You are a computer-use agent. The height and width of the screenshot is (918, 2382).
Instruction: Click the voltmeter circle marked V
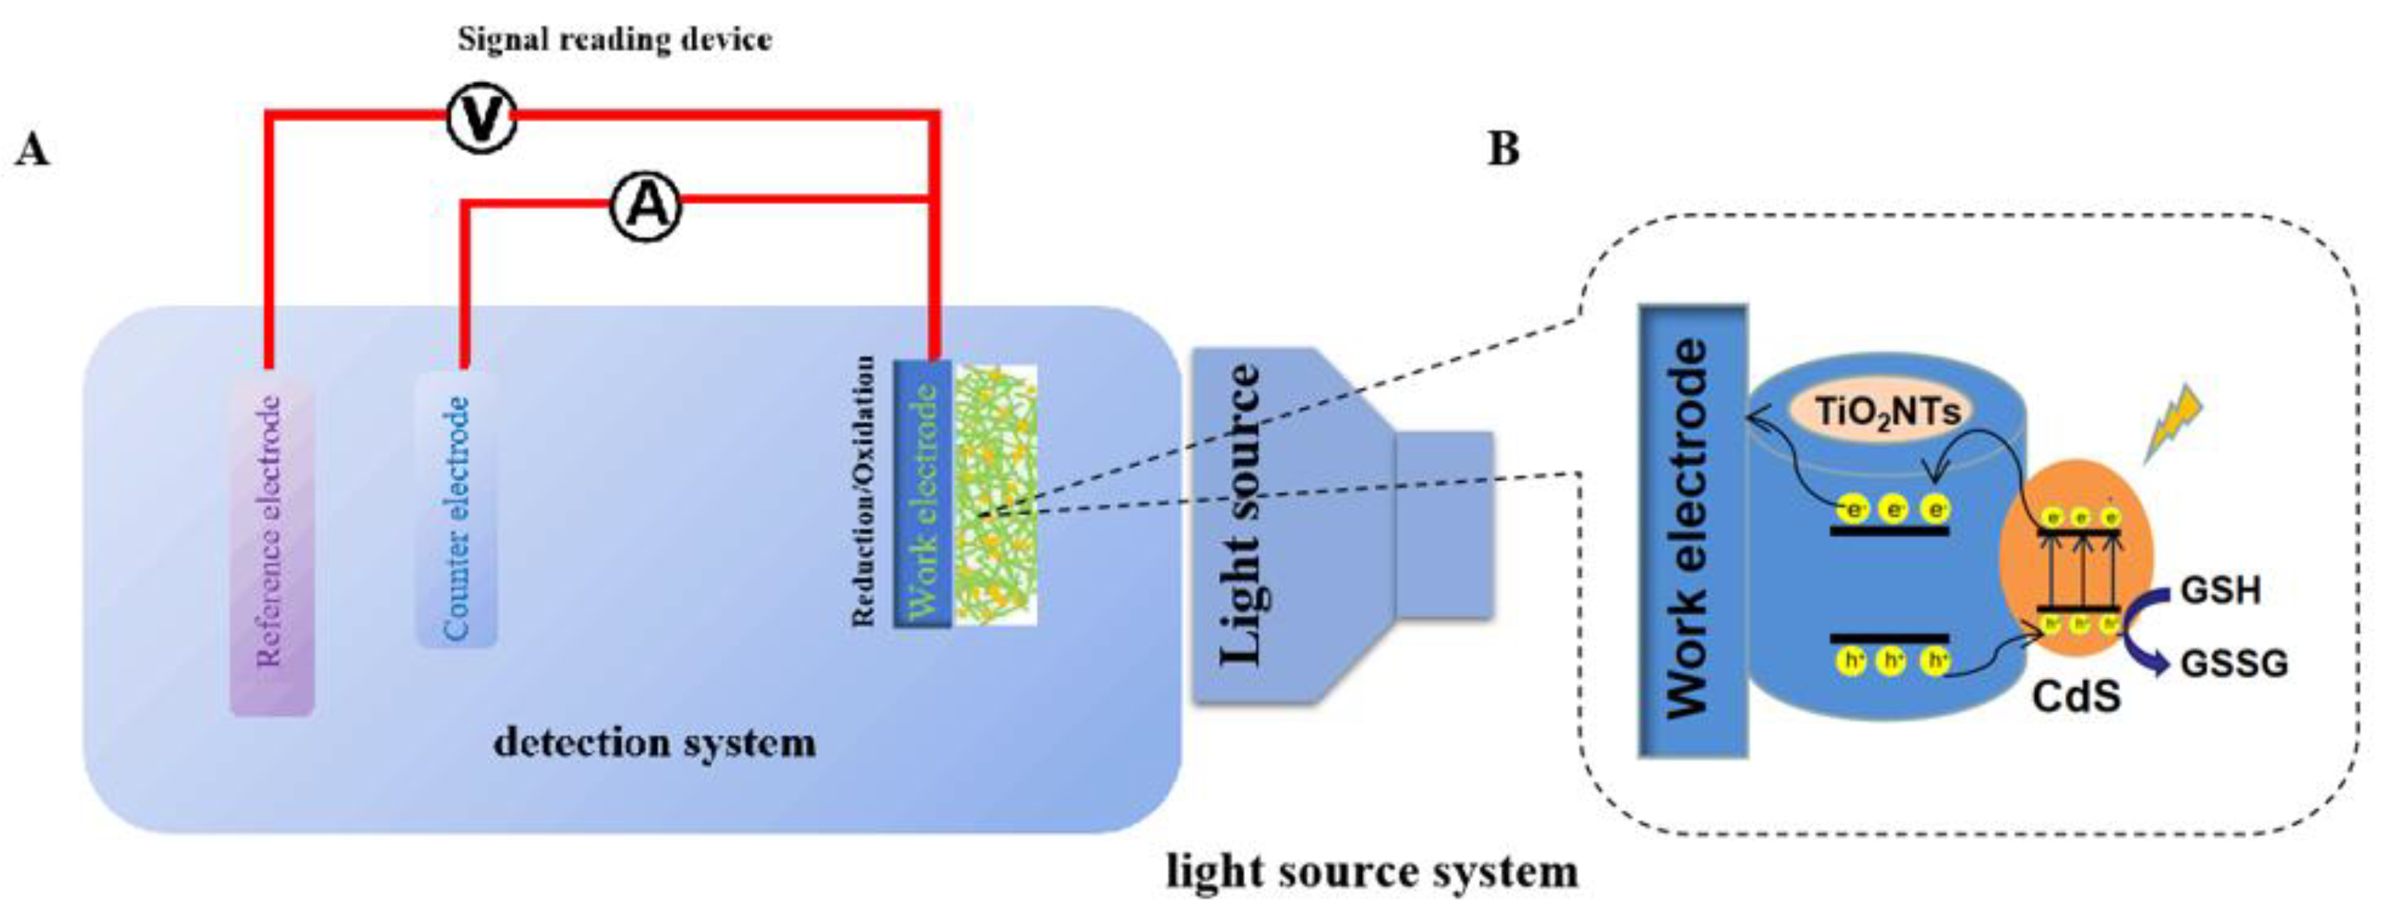[x=480, y=119]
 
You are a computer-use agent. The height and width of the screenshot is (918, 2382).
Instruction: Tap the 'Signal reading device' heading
[x=615, y=40]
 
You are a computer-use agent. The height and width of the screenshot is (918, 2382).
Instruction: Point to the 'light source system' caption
[x=1371, y=872]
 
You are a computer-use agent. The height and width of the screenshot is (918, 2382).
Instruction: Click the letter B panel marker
[x=1503, y=149]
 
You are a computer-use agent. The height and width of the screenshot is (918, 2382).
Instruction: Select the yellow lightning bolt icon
[x=2173, y=423]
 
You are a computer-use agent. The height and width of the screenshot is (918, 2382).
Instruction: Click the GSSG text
[x=2233, y=664]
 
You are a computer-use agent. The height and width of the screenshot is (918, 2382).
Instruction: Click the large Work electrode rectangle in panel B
[x=1692, y=532]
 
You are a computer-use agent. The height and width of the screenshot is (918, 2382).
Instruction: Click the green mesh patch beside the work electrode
[x=995, y=495]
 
